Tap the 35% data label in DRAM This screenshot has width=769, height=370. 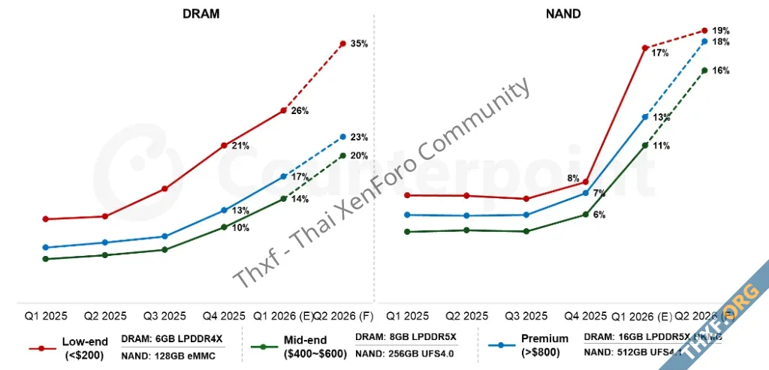(359, 44)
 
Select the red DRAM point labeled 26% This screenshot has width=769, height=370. (283, 110)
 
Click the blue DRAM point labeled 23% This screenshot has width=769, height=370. (342, 137)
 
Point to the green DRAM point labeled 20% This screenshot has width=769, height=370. (342, 155)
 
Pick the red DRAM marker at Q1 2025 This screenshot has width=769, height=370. (46, 219)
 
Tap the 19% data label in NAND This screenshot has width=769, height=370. (721, 31)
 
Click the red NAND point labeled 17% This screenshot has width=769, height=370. (645, 48)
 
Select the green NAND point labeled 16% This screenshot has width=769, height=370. (704, 71)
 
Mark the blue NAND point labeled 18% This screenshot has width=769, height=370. (704, 41)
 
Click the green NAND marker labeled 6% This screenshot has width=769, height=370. (585, 215)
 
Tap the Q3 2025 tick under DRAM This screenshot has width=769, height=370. (164, 316)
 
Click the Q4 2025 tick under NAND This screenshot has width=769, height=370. (584, 316)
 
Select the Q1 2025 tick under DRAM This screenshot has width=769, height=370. (46, 316)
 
